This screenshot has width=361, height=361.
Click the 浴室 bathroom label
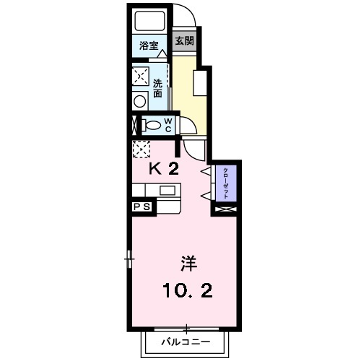[x=149, y=45]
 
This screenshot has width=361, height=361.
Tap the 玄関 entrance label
[x=184, y=40]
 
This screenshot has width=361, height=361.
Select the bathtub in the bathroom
[x=149, y=20]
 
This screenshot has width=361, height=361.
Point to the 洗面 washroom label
[x=158, y=88]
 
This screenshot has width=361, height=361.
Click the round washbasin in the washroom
[x=140, y=101]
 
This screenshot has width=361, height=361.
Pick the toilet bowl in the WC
[x=152, y=126]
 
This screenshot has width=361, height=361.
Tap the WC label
[x=168, y=126]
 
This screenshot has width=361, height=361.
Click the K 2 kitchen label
[x=164, y=168]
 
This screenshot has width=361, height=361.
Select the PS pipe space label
[x=142, y=206]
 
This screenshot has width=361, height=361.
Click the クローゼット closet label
[x=226, y=183]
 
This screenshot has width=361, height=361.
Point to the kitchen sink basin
[x=168, y=191]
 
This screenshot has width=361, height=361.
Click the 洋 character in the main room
[x=189, y=264]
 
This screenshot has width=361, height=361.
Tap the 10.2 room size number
[x=188, y=290]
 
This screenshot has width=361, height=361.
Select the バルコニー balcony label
[x=186, y=342]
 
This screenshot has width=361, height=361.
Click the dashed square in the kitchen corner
[x=142, y=149]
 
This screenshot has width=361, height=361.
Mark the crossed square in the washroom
[x=141, y=77]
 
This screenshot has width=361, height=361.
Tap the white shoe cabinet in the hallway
[x=200, y=83]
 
